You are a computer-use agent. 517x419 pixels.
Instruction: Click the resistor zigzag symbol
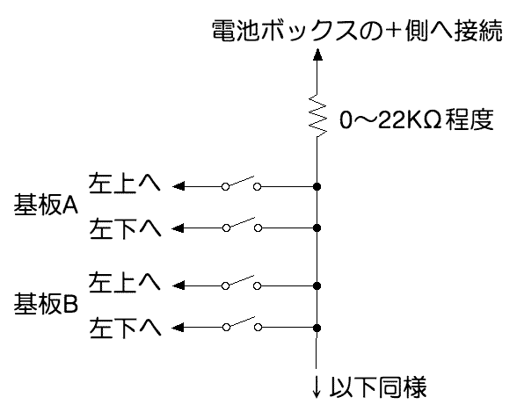coord(317,116)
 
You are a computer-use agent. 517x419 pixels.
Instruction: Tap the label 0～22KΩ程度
coord(417,119)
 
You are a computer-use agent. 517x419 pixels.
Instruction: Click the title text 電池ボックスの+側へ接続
coord(357,31)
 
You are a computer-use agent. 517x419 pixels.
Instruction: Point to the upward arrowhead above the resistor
coord(317,54)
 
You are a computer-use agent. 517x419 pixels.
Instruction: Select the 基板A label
coord(46,205)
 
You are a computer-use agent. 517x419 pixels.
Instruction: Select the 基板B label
coord(46,303)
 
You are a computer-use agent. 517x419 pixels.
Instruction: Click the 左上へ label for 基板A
coord(124,182)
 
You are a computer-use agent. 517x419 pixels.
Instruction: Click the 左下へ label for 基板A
coord(125,228)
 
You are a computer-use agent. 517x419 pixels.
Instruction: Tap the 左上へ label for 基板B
coord(124,282)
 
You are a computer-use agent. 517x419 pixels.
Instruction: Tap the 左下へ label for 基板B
coord(125,328)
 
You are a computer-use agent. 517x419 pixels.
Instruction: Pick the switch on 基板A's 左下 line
coord(242,225)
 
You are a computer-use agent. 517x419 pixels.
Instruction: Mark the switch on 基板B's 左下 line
coord(242,324)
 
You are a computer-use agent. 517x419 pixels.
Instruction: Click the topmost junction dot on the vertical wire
coord(317,187)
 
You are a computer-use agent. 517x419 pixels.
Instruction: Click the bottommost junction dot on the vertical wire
coord(317,328)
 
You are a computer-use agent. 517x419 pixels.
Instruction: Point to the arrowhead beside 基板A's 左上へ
coord(178,186)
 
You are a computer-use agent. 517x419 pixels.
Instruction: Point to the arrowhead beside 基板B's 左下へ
coord(178,328)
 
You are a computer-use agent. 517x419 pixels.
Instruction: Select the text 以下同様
coord(378,386)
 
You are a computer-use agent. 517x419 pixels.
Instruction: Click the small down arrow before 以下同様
coord(317,386)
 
